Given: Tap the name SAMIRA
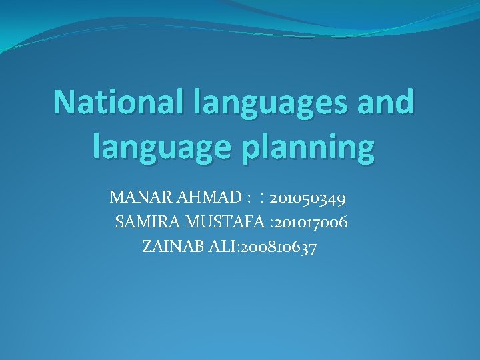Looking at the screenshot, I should [144, 222].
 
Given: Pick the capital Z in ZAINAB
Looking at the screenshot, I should [147, 247].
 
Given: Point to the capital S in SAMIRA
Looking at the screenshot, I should [120, 222].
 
